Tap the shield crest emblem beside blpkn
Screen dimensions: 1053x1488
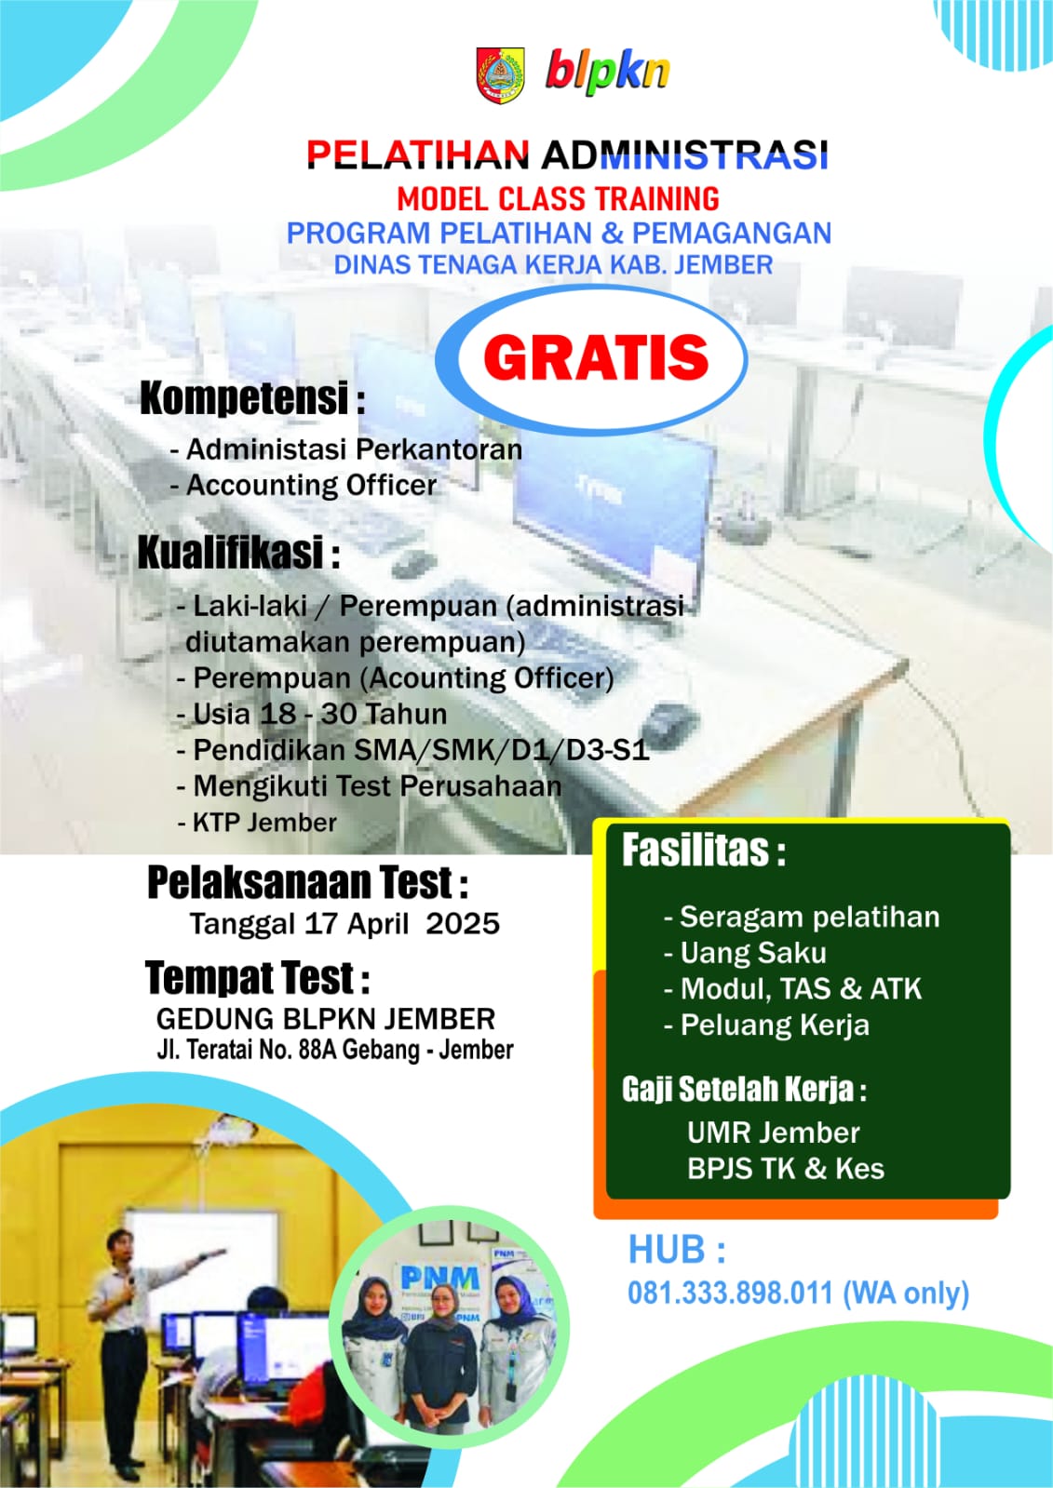coord(501,74)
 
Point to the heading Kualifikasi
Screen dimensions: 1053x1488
coord(231,553)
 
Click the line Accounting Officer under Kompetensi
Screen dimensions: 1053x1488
coord(312,485)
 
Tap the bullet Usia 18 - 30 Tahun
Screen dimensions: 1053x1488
coord(319,714)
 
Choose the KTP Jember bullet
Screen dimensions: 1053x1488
coord(264,823)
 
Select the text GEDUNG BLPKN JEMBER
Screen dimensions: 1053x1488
coord(326,1018)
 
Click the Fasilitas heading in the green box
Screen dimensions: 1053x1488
coord(703,851)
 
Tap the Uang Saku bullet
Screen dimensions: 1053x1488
coord(753,953)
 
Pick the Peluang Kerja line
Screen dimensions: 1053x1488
coord(776,1025)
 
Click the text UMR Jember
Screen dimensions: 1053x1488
coord(773,1133)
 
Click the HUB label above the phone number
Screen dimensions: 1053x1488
coord(677,1250)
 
